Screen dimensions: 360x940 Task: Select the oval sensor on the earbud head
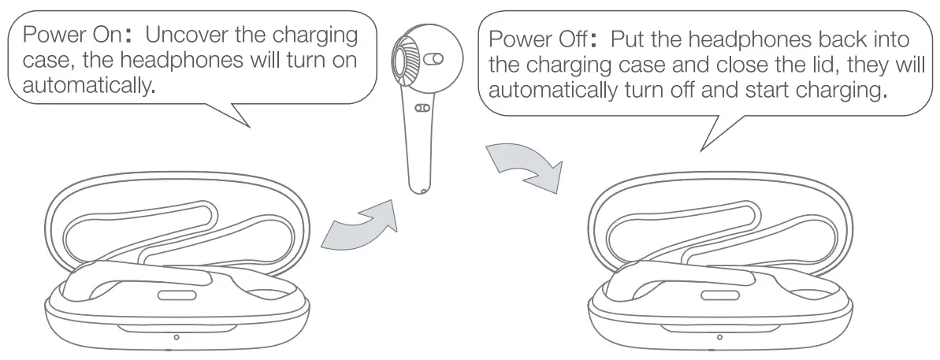[434, 59]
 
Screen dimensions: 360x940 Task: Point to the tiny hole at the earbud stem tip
[424, 190]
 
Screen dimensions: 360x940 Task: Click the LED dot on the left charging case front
[176, 337]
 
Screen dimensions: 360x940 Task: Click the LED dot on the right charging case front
[719, 337]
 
